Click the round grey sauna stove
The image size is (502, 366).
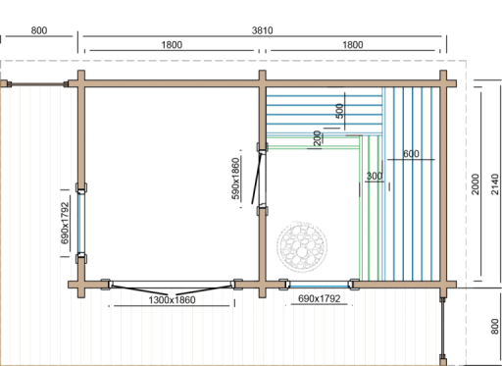coord(301,245)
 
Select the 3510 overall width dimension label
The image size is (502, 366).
coord(262,31)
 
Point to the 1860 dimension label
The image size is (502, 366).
coord(172,46)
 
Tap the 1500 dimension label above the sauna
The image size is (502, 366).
coord(353,46)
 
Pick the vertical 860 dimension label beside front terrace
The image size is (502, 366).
coord(493,325)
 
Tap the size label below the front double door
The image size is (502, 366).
coord(173,300)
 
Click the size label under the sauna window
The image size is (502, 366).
coord(318,299)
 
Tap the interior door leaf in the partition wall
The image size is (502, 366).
coord(256,177)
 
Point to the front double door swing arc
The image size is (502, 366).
coord(173,290)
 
